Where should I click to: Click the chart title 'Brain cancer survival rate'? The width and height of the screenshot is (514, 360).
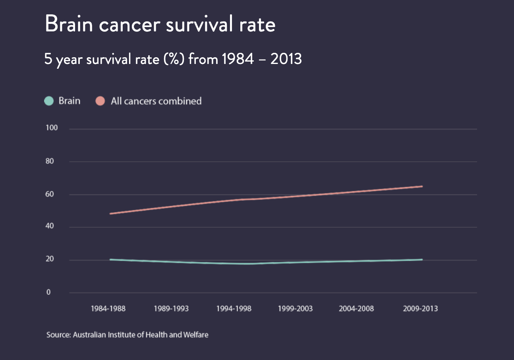pyautogui.click(x=160, y=24)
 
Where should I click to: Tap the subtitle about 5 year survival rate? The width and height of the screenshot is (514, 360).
pyautogui.click(x=173, y=60)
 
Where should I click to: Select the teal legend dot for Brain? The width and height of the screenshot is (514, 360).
pyautogui.click(x=49, y=101)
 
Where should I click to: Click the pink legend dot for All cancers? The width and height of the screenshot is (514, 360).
pyautogui.click(x=100, y=101)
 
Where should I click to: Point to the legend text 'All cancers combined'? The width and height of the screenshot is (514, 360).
pyautogui.click(x=156, y=101)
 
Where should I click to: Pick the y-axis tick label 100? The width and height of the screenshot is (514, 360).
pyautogui.click(x=52, y=128)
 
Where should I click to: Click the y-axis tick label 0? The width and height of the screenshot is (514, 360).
pyautogui.click(x=49, y=292)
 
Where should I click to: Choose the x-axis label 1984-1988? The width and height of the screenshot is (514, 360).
pyautogui.click(x=108, y=309)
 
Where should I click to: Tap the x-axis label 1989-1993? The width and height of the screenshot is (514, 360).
pyautogui.click(x=171, y=309)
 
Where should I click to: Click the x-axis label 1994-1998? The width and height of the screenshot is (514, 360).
pyautogui.click(x=234, y=309)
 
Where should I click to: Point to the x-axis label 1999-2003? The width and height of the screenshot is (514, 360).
pyautogui.click(x=295, y=309)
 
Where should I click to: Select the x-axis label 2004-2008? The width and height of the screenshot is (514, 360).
pyautogui.click(x=356, y=309)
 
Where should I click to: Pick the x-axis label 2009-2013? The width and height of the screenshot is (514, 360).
pyautogui.click(x=420, y=309)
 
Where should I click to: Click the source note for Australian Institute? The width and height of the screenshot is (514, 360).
pyautogui.click(x=128, y=335)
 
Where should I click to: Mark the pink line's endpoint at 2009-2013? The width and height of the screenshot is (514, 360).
pyautogui.click(x=422, y=186)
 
